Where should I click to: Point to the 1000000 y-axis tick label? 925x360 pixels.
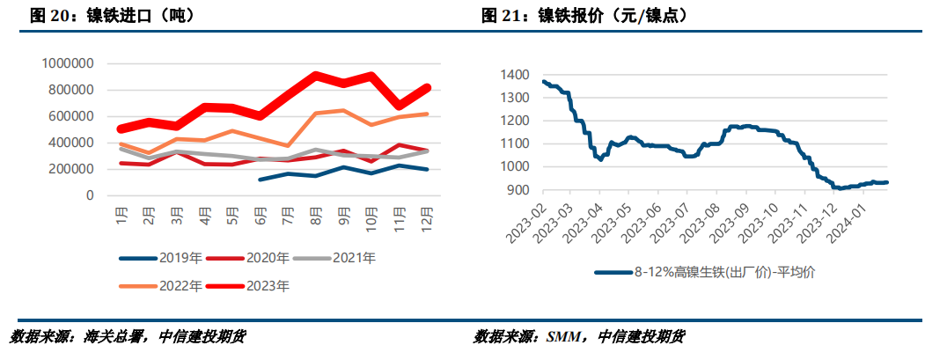pyautogui.click(x=68, y=63)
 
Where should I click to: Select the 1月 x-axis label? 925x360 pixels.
pyautogui.click(x=122, y=215)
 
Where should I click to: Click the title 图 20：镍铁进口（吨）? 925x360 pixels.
pyautogui.click(x=112, y=16)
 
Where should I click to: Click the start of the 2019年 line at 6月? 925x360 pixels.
pyautogui.click(x=261, y=180)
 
